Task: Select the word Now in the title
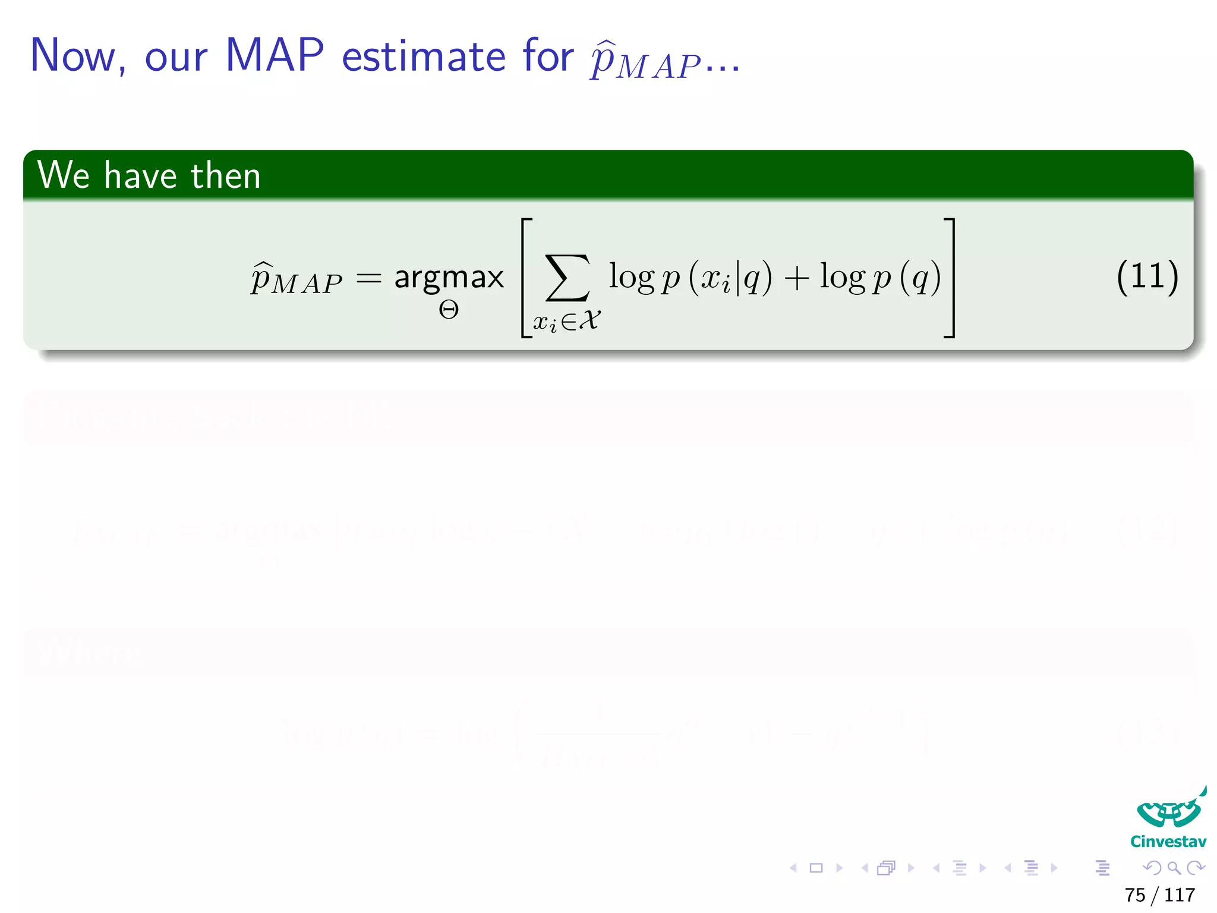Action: (x=73, y=56)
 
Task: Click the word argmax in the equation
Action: (x=449, y=277)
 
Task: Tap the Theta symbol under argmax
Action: (x=449, y=310)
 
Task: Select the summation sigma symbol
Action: (x=568, y=278)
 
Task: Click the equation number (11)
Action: (x=1147, y=277)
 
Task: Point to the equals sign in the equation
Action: (x=368, y=278)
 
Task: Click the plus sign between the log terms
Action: (x=797, y=278)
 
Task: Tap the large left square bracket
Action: (x=526, y=278)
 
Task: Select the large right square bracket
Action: (x=949, y=278)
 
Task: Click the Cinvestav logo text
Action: (x=1168, y=842)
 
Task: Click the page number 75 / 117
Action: (x=1159, y=895)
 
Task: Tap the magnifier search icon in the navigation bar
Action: (x=1174, y=868)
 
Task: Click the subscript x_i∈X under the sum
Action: (x=566, y=322)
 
